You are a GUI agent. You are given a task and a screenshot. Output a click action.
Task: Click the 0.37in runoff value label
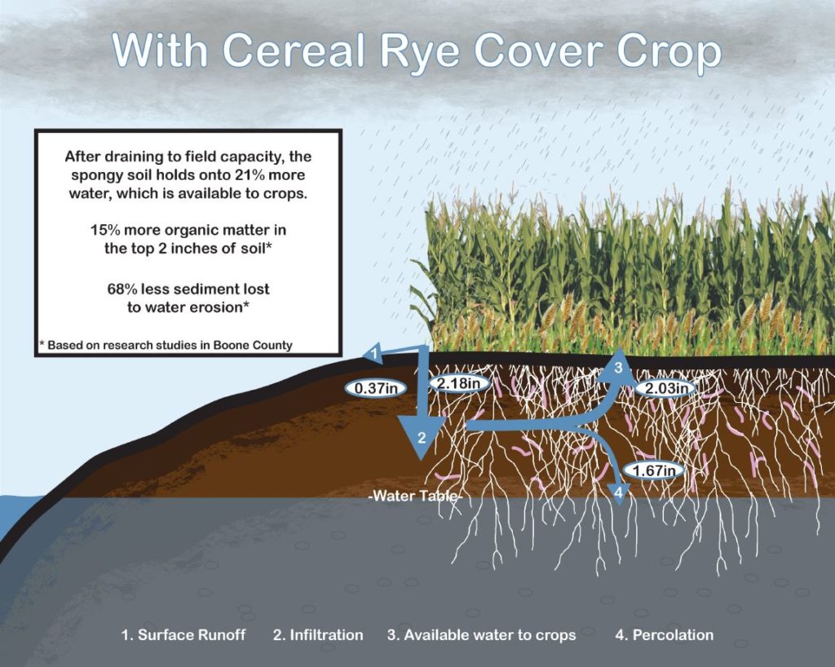point(376,388)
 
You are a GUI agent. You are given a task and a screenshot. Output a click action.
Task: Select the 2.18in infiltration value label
point(458,382)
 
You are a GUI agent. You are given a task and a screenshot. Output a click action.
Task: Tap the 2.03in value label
point(666,388)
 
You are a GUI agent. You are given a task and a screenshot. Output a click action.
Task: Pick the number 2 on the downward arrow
point(422,438)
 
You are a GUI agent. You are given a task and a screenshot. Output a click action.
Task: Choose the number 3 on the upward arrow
point(618,367)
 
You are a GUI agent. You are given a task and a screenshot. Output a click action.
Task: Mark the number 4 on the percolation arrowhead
point(618,493)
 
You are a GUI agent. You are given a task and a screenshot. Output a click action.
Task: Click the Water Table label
point(415,496)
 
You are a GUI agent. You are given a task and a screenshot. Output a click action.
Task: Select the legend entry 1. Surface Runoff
point(183,635)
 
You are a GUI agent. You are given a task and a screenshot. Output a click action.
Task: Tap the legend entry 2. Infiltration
point(318,635)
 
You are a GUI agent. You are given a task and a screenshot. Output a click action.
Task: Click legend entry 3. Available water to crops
point(481,635)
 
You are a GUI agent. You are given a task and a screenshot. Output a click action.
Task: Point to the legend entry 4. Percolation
point(664,635)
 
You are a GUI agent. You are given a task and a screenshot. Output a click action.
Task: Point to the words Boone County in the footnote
point(253,345)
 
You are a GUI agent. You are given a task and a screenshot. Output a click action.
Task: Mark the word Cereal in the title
point(294,51)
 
